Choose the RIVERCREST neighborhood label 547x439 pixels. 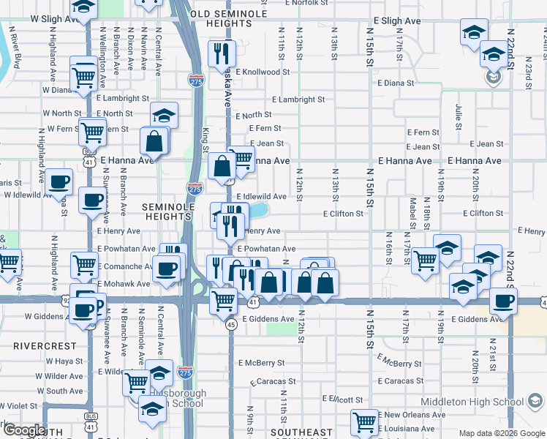click(45, 345)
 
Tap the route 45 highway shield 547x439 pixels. click(230, 324)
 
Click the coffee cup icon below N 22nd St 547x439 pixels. click(502, 300)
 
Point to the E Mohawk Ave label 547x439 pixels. click(123, 284)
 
